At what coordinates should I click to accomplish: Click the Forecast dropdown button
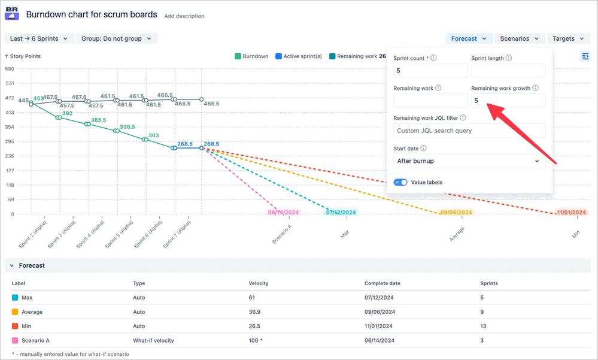click(x=469, y=38)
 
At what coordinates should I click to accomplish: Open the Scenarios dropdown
click(x=520, y=38)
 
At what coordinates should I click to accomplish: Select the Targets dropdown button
click(x=568, y=38)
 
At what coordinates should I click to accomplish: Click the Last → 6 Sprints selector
click(x=38, y=38)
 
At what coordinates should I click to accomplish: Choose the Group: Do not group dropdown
click(x=117, y=38)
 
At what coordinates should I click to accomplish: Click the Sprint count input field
click(x=430, y=71)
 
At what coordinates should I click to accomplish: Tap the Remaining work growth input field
click(x=508, y=101)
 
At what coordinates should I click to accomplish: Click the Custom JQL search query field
click(x=469, y=131)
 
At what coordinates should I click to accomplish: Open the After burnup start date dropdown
click(x=469, y=161)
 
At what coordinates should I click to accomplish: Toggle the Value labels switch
click(x=400, y=182)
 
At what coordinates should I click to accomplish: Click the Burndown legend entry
click(x=251, y=56)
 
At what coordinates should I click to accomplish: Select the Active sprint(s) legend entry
click(x=299, y=56)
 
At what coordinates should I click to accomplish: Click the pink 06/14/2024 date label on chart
click(x=284, y=213)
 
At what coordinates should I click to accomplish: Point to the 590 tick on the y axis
click(x=10, y=69)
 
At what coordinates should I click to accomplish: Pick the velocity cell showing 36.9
click(x=255, y=312)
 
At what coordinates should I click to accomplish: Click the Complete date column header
click(x=382, y=283)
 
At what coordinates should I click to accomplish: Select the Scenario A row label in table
click(x=35, y=340)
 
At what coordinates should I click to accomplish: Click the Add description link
click(x=184, y=16)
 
